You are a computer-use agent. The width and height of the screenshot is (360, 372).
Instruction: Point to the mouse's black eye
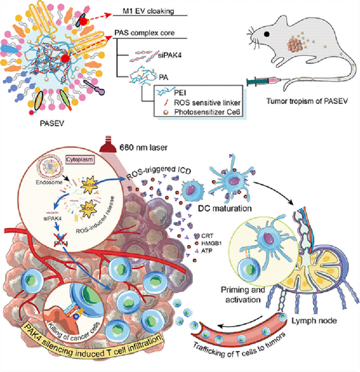(x=267, y=34)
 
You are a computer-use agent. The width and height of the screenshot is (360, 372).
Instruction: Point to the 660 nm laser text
(x=141, y=147)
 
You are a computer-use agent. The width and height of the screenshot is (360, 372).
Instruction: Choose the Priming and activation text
(x=243, y=295)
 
